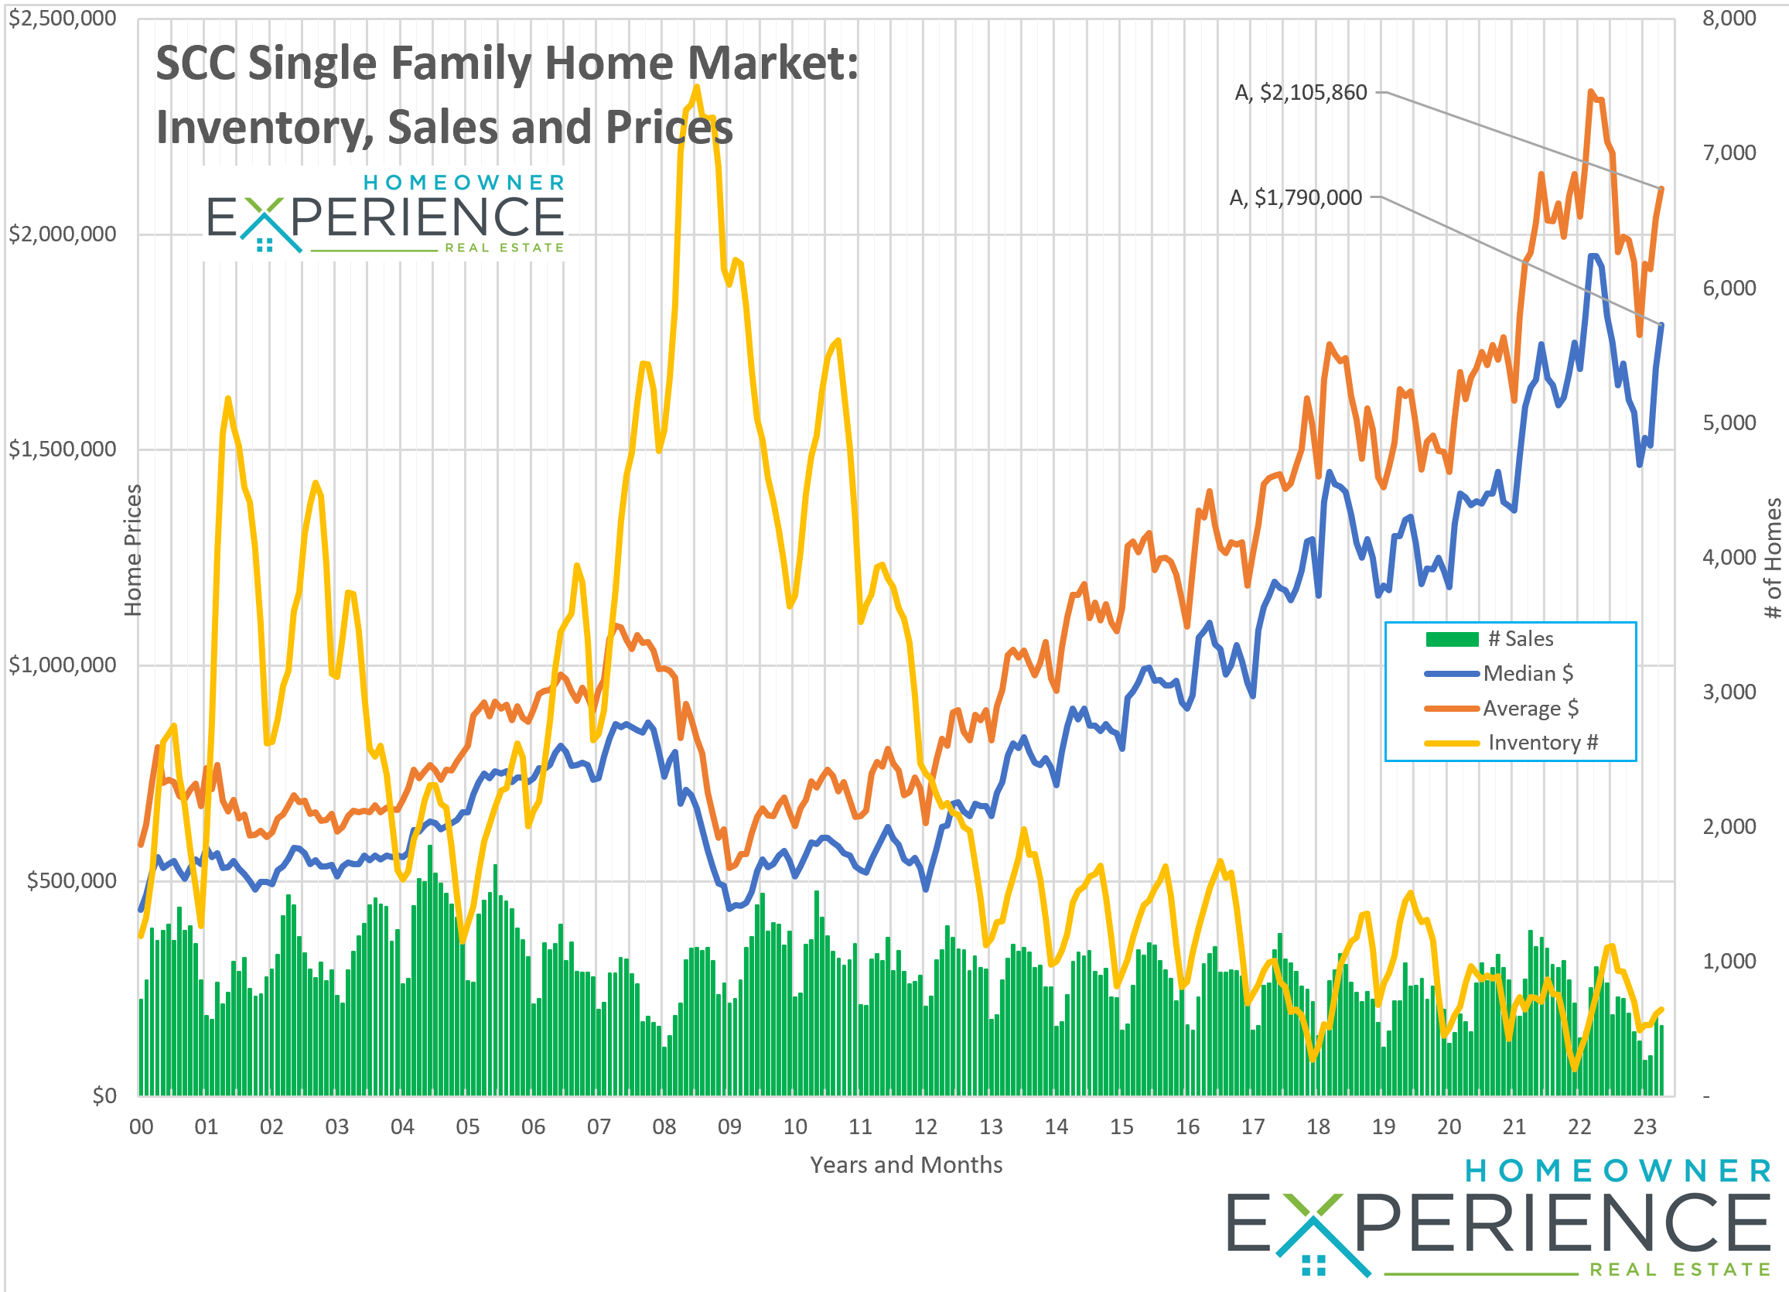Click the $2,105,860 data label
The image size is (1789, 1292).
[x=1300, y=93]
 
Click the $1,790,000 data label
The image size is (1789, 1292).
[x=1296, y=198]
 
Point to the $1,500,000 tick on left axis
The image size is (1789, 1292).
[x=63, y=449]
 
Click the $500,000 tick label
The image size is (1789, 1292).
[x=71, y=881]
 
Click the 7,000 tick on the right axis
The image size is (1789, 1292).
[x=1728, y=153]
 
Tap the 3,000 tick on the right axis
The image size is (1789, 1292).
[x=1728, y=692]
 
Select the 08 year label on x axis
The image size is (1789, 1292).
[x=664, y=1127]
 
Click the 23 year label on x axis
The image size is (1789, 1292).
[x=1644, y=1127]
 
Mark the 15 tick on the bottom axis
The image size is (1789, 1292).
[x=1122, y=1127]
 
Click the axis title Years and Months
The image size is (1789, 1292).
[x=906, y=1166]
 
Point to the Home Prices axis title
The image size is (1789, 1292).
[x=132, y=551]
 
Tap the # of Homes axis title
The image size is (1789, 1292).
[x=1773, y=559]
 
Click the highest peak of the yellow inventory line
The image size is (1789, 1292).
[x=697, y=87]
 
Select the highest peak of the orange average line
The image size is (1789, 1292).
[x=1591, y=91]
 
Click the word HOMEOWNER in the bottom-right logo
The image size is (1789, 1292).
[x=1617, y=1171]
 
